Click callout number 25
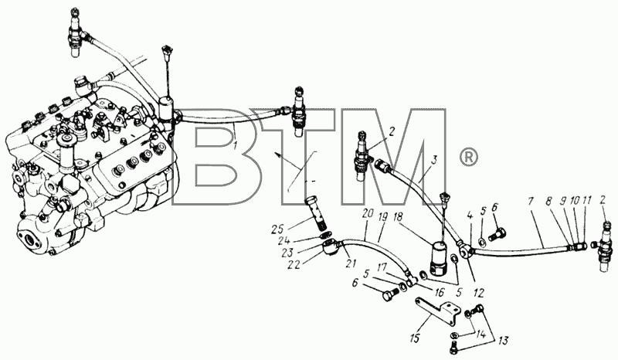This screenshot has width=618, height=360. point(278,229)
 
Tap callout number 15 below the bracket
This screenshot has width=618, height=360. point(416,338)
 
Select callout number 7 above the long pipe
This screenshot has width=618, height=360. point(531,201)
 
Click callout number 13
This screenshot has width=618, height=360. point(504,340)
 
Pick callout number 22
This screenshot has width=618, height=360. point(294,264)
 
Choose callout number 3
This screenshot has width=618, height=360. point(433,161)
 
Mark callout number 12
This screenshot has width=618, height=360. point(479,293)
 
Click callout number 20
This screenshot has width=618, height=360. point(368,216)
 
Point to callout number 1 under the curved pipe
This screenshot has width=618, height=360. point(236,145)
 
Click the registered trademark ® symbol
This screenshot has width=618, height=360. point(469,158)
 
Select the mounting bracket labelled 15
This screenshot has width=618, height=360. point(437,311)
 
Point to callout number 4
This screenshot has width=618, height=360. point(470,216)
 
